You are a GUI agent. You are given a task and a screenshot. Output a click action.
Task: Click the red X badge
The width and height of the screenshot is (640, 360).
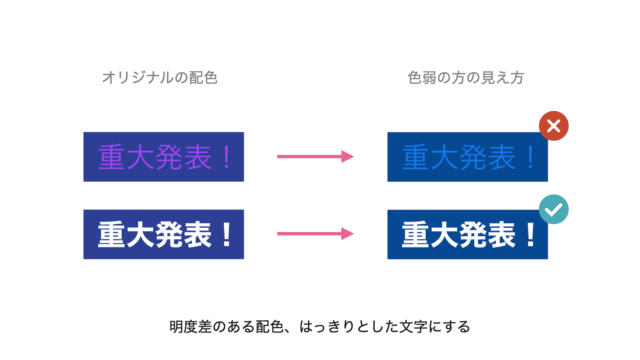pyautogui.click(x=553, y=126)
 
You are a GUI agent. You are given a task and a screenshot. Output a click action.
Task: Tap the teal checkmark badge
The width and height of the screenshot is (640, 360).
pyautogui.click(x=553, y=209)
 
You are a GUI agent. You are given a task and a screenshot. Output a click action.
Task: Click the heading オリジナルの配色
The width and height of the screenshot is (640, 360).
pyautogui.click(x=160, y=78)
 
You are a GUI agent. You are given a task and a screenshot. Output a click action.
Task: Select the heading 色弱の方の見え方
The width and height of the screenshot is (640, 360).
pyautogui.click(x=466, y=78)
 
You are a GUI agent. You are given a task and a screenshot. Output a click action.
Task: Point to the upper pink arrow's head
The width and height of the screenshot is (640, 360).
pyautogui.click(x=348, y=156)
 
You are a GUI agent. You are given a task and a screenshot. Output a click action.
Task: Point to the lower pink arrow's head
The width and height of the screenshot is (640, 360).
pyautogui.click(x=348, y=234)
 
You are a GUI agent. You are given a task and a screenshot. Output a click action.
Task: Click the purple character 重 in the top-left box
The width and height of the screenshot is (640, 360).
pyautogui.click(x=111, y=157)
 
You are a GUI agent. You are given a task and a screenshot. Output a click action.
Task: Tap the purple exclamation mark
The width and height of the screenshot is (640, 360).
pyautogui.click(x=227, y=157)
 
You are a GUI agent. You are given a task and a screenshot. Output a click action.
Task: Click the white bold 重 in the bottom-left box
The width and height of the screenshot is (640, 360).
pyautogui.click(x=111, y=234)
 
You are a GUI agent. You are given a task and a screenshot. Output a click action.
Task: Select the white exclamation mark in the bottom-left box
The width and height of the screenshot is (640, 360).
pyautogui.click(x=227, y=234)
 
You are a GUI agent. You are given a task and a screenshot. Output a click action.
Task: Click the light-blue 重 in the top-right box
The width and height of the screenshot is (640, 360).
pyautogui.click(x=416, y=157)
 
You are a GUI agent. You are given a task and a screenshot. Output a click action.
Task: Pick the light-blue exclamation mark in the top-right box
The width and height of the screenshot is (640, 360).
pyautogui.click(x=531, y=157)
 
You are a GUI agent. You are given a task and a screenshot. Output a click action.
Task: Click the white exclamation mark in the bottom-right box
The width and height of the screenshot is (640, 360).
pyautogui.click(x=531, y=234)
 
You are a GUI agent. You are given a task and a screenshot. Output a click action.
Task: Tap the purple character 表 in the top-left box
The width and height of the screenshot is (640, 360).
pyautogui.click(x=198, y=157)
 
